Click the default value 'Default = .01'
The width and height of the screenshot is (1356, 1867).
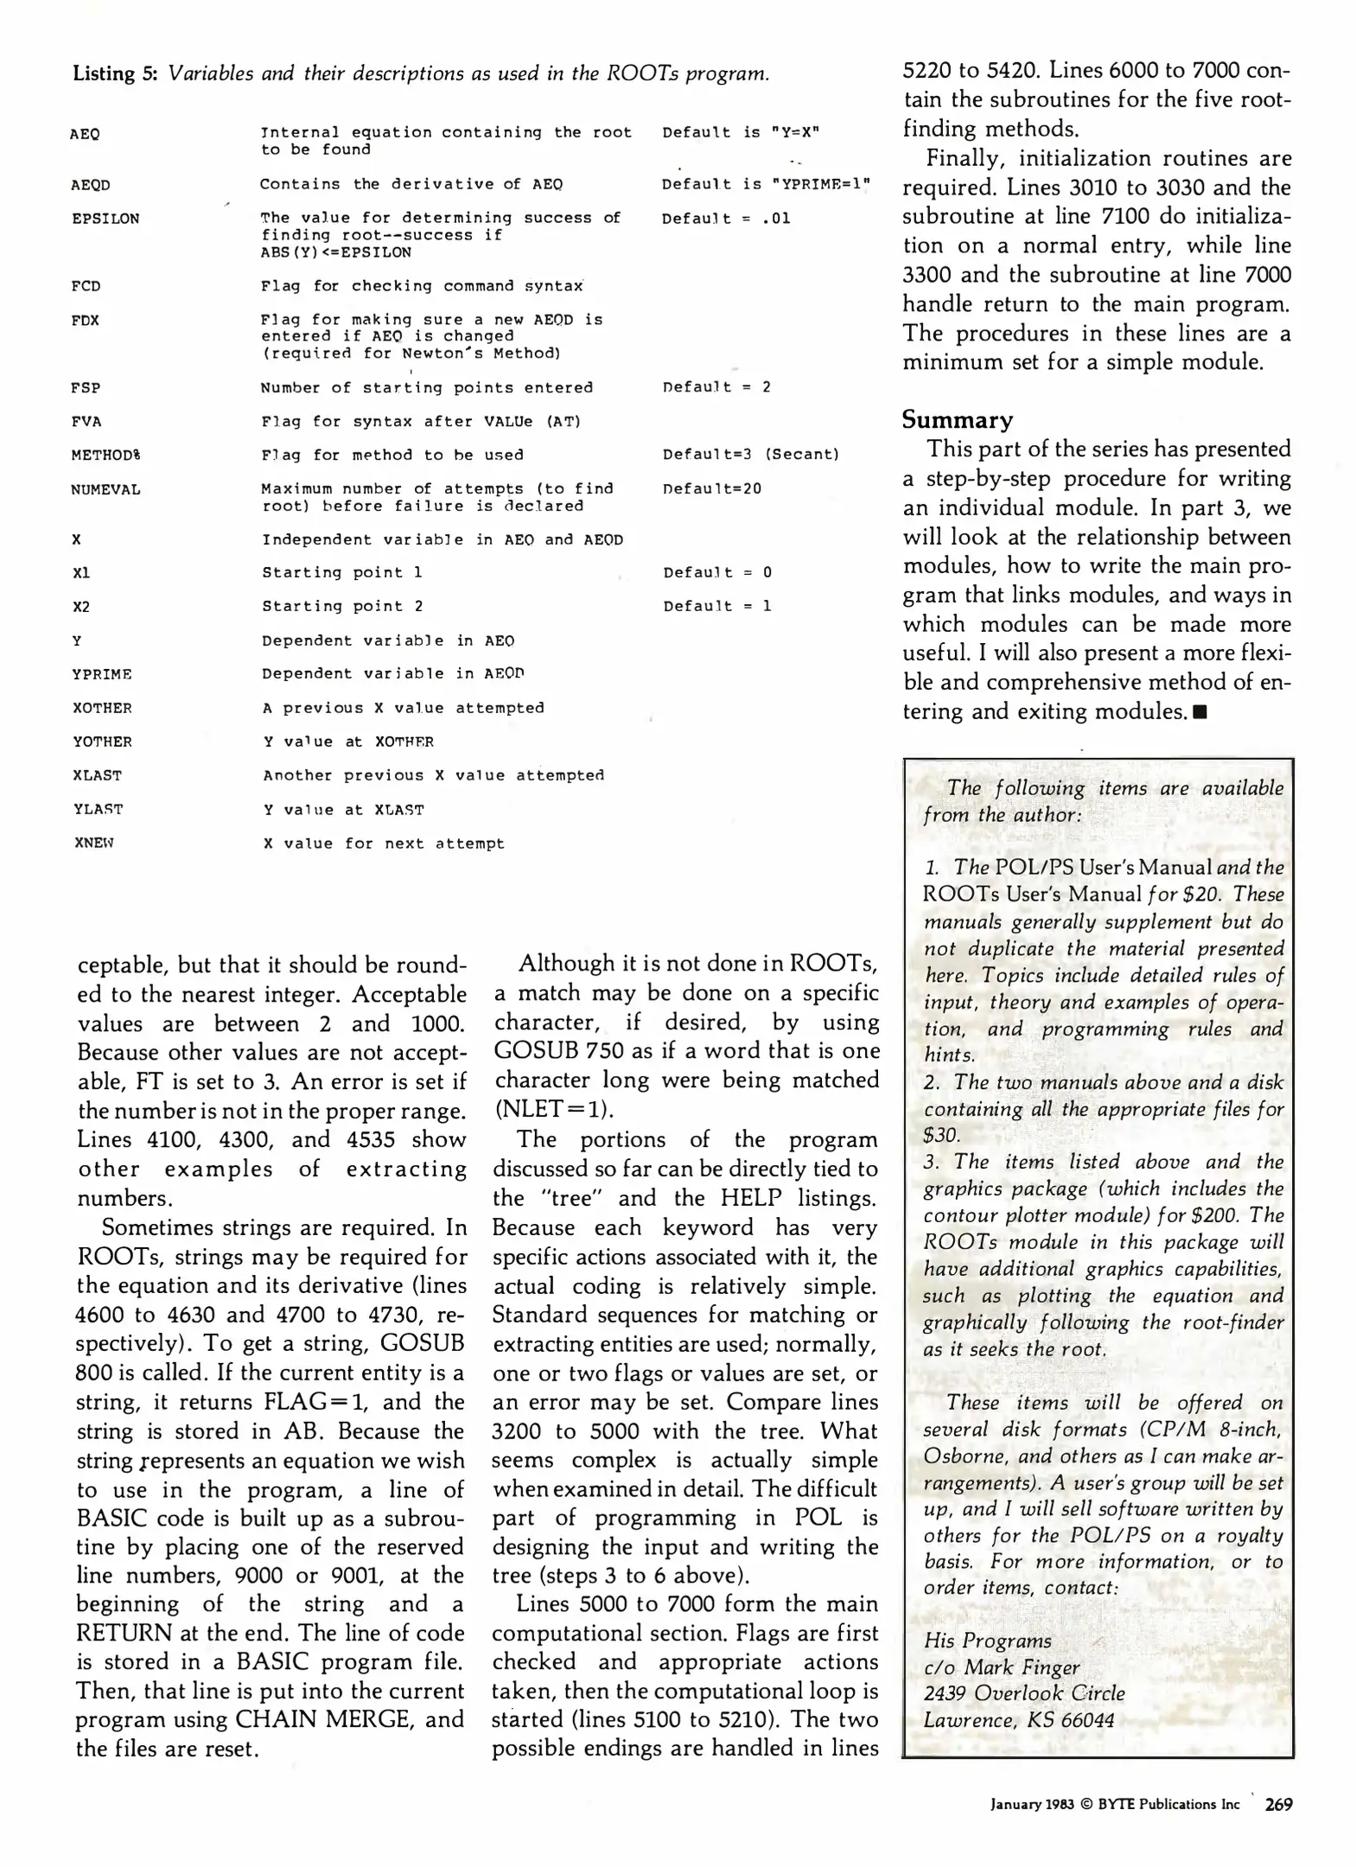click(726, 219)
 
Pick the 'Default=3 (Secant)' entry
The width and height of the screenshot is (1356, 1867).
click(750, 455)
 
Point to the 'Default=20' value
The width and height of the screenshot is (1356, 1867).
click(712, 489)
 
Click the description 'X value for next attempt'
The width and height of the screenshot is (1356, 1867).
click(384, 844)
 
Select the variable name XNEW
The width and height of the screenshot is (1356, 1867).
click(93, 843)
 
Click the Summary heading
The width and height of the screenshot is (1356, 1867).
click(957, 420)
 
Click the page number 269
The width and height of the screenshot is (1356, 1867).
click(1278, 1804)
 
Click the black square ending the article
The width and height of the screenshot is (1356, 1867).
click(1199, 712)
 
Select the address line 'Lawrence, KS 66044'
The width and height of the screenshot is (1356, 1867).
click(1018, 1720)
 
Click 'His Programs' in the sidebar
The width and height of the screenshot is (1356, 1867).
click(987, 1641)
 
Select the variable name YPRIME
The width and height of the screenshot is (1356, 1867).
click(102, 674)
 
